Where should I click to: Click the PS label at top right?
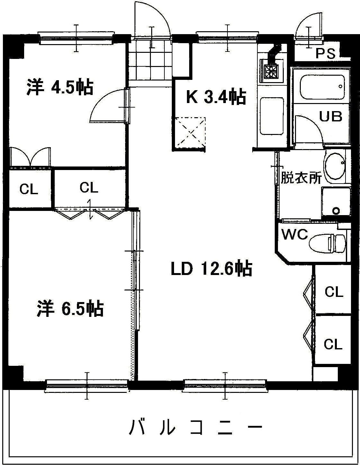pos(325,53)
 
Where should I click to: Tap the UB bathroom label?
pos(330,116)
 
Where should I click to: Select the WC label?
pos(295,234)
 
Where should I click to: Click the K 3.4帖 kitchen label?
pos(216,97)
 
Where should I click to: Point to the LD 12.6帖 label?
pos(211,269)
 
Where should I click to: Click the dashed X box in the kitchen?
pos(189,132)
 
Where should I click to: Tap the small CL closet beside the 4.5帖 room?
pos(29,189)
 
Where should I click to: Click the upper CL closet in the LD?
pos(334,292)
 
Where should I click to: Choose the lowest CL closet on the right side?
pos(333,344)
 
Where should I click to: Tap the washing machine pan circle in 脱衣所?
pos(336,211)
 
